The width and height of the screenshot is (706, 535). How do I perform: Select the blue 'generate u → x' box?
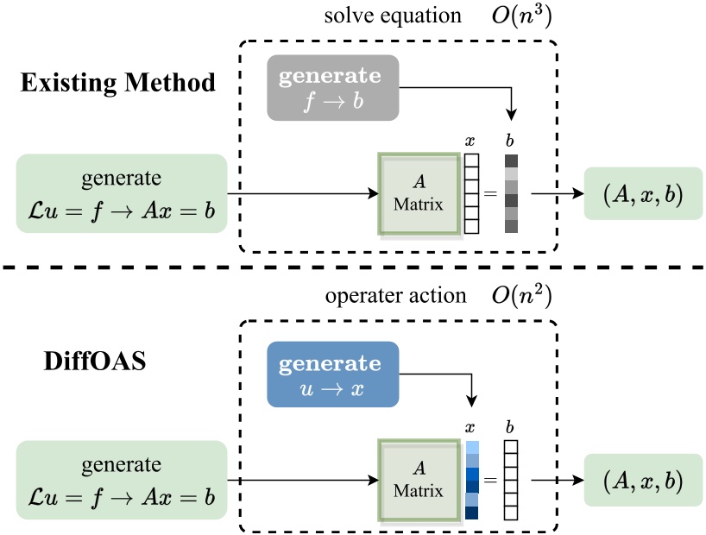click(332, 374)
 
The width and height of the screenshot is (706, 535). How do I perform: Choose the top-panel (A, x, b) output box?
click(642, 195)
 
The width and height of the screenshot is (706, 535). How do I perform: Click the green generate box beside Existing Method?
click(122, 193)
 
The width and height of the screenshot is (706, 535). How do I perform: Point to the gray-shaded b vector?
click(511, 193)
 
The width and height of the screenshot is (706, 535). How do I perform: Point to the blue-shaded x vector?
click(471, 481)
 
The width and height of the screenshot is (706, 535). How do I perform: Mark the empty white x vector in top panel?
click(471, 193)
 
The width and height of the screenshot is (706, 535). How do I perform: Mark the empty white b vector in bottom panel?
click(511, 481)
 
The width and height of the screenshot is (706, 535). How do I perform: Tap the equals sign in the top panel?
click(490, 194)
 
